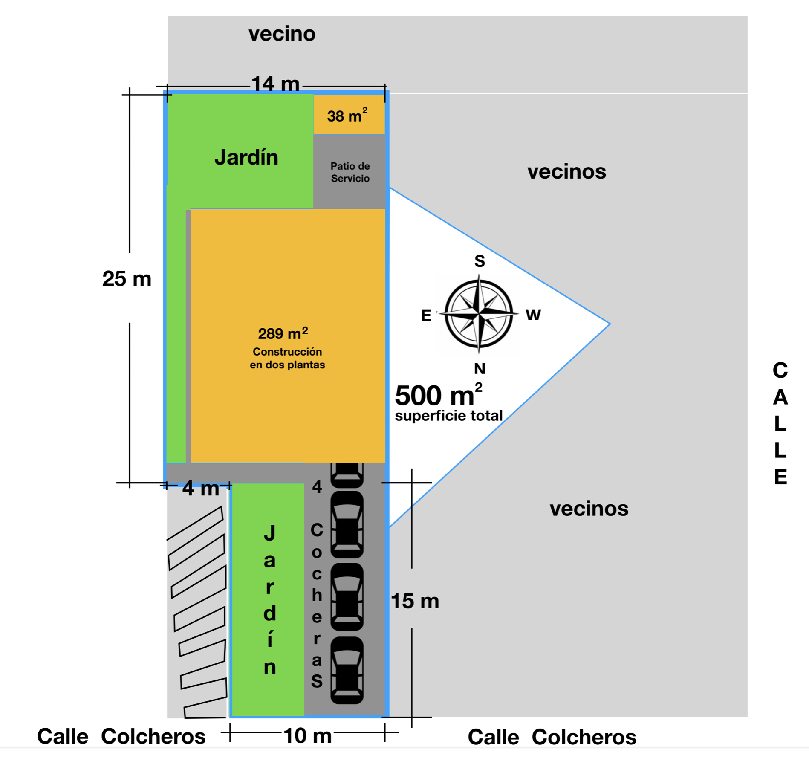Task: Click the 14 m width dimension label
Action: [x=275, y=84]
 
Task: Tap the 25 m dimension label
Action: [x=127, y=279]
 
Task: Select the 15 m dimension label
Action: [x=415, y=601]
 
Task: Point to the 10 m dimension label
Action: [x=307, y=735]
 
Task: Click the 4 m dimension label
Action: [x=200, y=489]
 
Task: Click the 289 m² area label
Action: [x=283, y=333]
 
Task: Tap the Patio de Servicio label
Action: [x=350, y=172]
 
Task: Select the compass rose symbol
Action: [x=479, y=314]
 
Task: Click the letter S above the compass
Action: [x=480, y=261]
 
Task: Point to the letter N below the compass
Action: [x=480, y=368]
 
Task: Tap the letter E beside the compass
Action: [x=426, y=315]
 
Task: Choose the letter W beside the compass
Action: [x=533, y=315]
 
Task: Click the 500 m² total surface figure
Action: [x=438, y=395]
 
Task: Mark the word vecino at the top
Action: [x=282, y=34]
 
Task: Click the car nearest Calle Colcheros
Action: [x=347, y=670]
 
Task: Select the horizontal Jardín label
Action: [x=246, y=157]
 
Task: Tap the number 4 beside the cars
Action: [x=317, y=487]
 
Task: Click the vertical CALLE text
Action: [x=780, y=423]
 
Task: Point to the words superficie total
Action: [x=448, y=416]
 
